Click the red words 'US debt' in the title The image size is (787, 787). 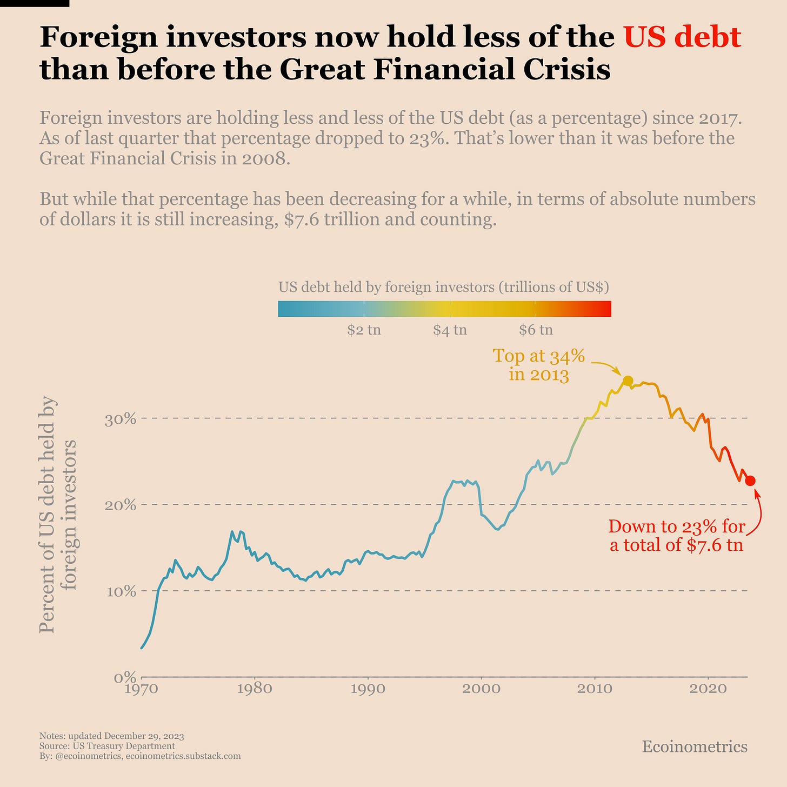[682, 37]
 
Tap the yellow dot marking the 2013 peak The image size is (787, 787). [628, 381]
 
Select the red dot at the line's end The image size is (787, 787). [750, 481]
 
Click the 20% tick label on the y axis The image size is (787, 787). [119, 505]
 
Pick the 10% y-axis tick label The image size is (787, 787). [119, 591]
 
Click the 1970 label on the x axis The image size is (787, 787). [142, 689]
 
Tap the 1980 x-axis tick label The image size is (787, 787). [255, 689]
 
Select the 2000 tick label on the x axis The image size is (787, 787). [481, 689]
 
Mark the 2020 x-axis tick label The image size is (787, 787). [708, 689]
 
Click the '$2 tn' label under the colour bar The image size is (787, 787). [364, 330]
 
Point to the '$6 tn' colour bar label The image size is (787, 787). [536, 330]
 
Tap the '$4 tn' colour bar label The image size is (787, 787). [450, 330]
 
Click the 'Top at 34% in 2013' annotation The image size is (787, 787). [539, 365]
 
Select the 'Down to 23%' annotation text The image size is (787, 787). [677, 535]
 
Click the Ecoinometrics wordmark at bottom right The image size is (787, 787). [695, 747]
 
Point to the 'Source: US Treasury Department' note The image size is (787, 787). [107, 746]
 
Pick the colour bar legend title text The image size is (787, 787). [444, 287]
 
